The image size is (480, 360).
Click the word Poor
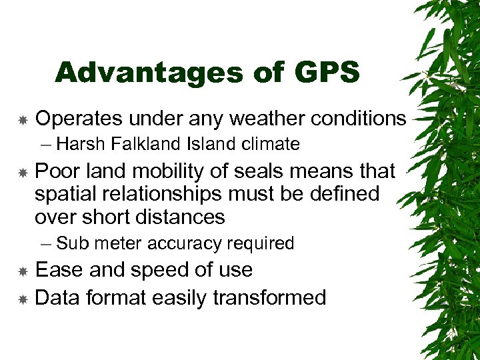pyautogui.click(x=57, y=171)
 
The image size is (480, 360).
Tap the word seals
pyautogui.click(x=271, y=171)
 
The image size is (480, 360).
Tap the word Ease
pyautogui.click(x=58, y=270)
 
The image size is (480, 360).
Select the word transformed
pyautogui.click(x=269, y=297)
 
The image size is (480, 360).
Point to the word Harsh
pyautogui.click(x=79, y=144)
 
